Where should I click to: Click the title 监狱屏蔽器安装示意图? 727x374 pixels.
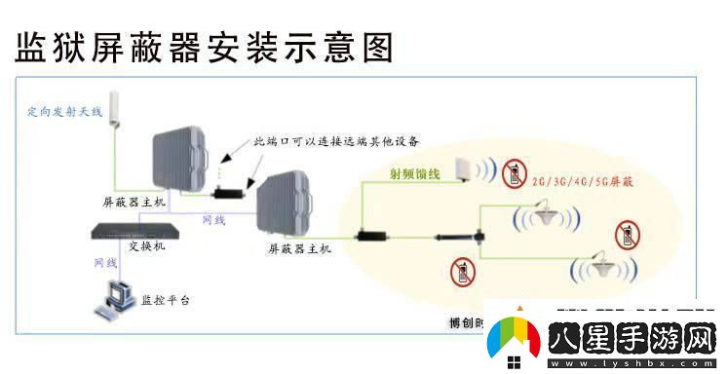205,46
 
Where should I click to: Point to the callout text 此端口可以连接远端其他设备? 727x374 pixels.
336,142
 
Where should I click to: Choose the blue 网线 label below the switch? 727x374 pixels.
104,263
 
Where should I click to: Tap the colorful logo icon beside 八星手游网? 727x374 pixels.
514,342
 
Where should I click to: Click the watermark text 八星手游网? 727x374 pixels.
634,340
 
